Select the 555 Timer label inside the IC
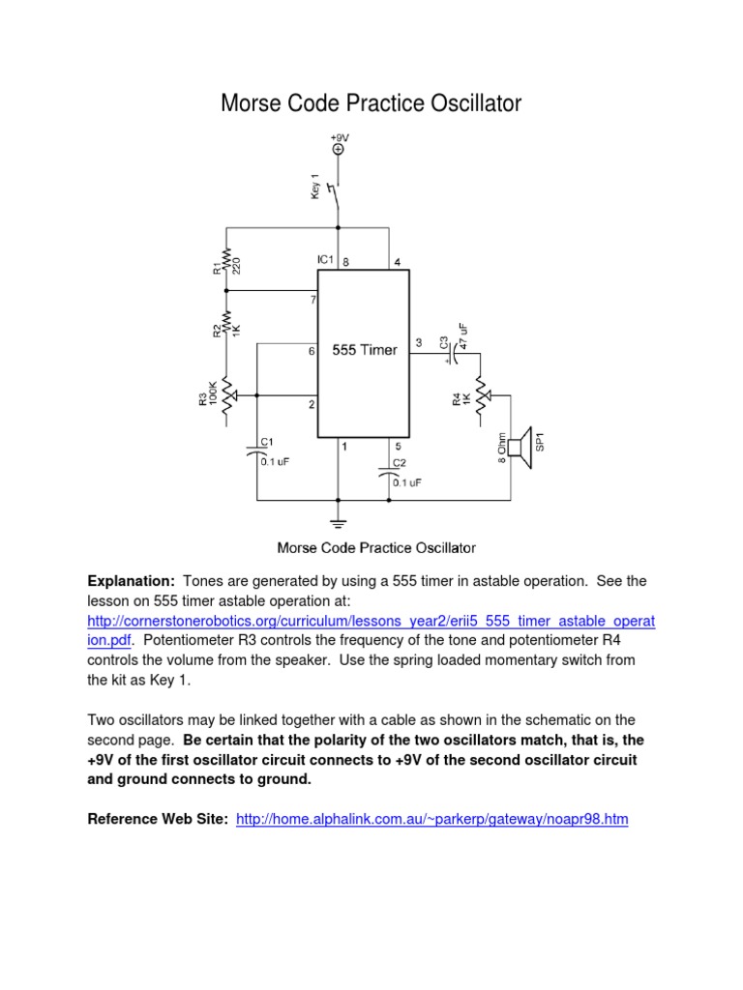364,350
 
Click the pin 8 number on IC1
345,261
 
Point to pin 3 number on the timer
419,342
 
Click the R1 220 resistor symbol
226,258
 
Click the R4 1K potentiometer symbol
480,395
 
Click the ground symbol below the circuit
338,523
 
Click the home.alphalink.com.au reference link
432,819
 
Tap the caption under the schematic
376,548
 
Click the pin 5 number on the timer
398,446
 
